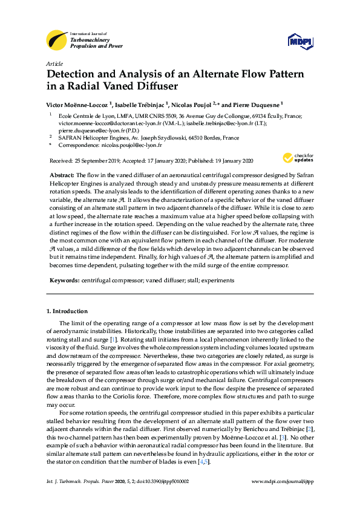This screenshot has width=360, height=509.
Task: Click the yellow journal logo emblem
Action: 57,40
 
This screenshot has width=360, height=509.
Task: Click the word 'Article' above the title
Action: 54,63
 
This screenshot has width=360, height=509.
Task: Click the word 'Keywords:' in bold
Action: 64,280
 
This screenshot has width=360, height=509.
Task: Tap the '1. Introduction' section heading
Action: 67,311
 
